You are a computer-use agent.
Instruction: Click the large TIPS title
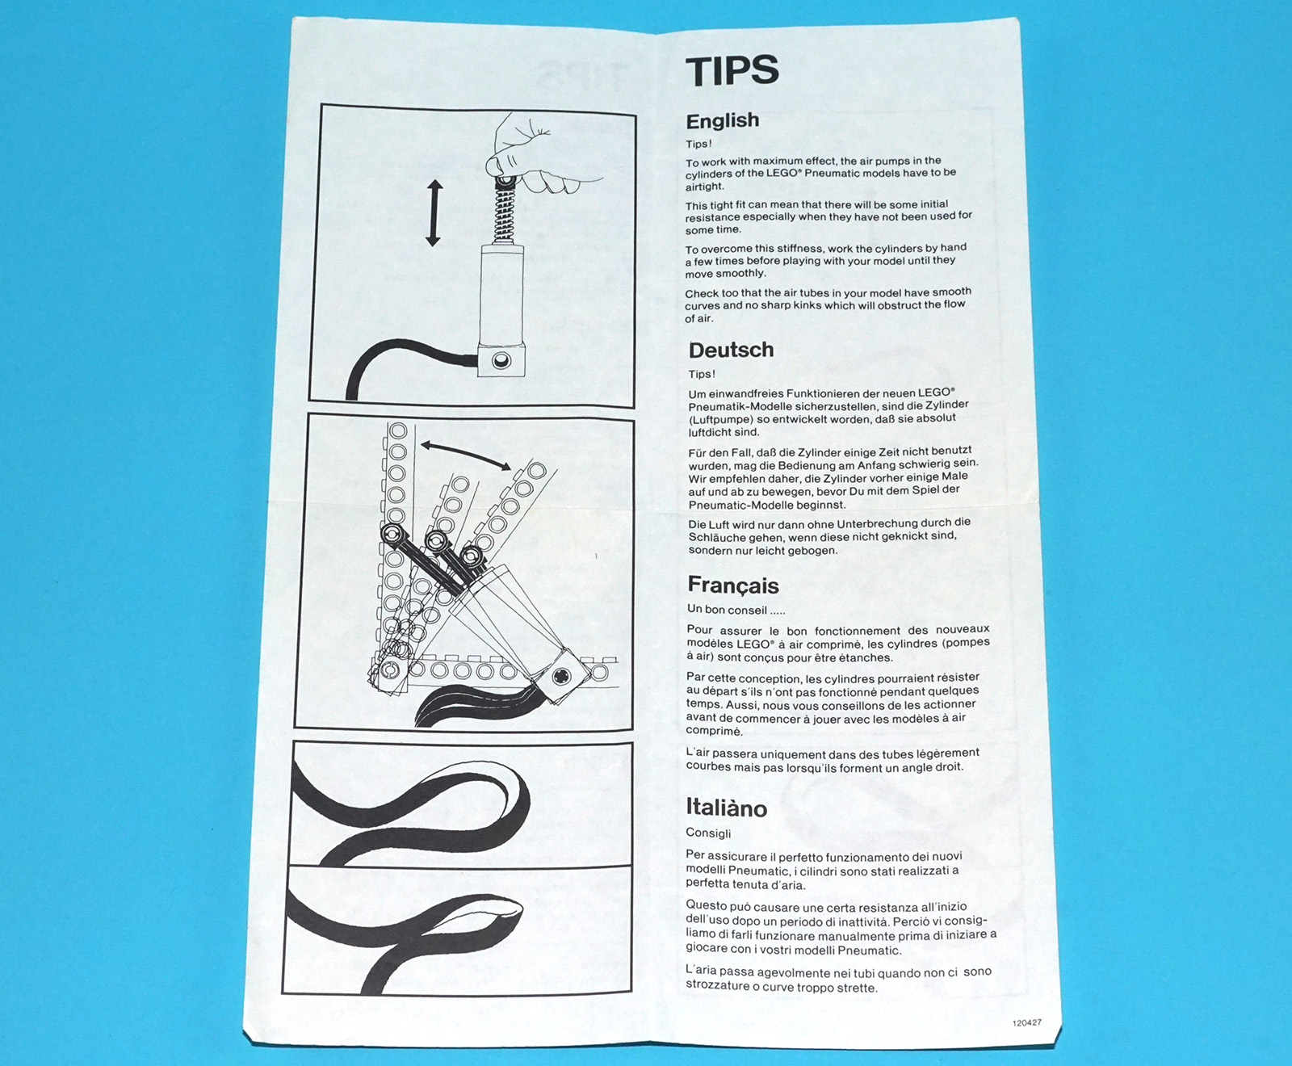[732, 70]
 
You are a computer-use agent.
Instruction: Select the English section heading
[722, 121]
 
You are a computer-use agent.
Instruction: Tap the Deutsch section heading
[731, 350]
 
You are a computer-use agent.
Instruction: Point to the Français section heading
[732, 585]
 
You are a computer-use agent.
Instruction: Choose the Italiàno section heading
[726, 807]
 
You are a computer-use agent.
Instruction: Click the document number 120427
[1026, 1022]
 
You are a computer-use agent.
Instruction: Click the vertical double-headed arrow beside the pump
[434, 213]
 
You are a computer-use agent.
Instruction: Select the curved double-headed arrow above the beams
[466, 455]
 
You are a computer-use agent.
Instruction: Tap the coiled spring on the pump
[504, 212]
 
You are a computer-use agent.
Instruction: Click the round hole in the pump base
[501, 359]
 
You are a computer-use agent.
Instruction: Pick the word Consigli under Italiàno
[708, 833]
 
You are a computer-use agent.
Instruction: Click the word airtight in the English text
[705, 187]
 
